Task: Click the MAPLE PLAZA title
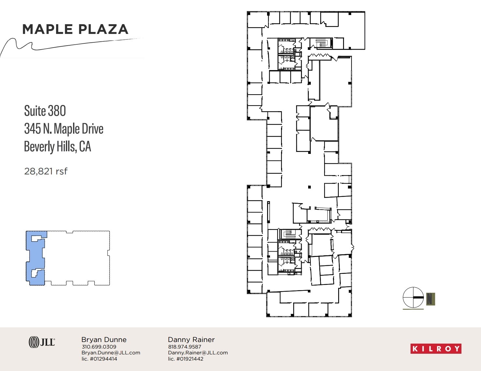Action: (75, 29)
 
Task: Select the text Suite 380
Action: (45, 111)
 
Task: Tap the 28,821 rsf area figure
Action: (46, 171)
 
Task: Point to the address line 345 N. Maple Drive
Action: (64, 129)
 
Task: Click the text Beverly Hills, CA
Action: (57, 147)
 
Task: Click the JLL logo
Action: (42, 342)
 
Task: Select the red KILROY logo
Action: (436, 349)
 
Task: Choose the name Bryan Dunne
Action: (104, 340)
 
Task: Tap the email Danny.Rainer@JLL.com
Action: (198, 353)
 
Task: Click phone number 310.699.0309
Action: (99, 347)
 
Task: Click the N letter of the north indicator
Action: (430, 299)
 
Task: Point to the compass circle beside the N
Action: (413, 297)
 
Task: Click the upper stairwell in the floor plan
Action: (321, 43)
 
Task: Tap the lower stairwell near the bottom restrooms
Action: (289, 234)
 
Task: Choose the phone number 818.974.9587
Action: (185, 347)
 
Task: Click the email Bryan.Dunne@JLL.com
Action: (111, 353)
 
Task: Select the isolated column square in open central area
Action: (309, 187)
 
